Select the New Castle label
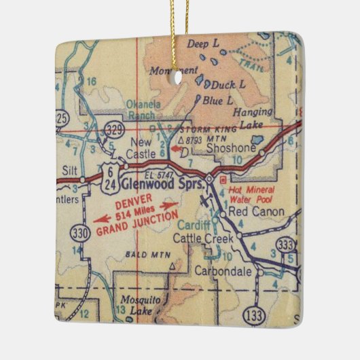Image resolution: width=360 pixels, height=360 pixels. coord(141,148)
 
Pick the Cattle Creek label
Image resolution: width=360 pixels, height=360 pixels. coord(202,238)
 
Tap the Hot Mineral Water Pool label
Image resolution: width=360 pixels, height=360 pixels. coord(252,194)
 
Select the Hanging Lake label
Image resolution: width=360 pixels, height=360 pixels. coord(253,117)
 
